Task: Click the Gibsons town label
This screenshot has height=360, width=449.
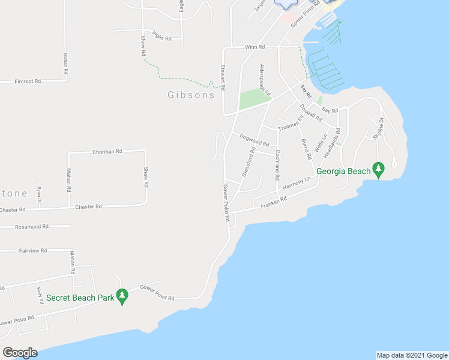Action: click(x=190, y=95)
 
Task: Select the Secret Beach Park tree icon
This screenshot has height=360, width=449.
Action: click(x=122, y=296)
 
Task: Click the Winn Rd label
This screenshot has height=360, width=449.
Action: click(x=255, y=46)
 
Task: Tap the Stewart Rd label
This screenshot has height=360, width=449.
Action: click(x=223, y=77)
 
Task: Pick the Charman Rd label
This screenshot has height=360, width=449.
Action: click(x=107, y=152)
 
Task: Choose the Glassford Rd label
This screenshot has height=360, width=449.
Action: click(x=249, y=163)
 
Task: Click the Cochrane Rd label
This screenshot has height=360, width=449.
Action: click(x=277, y=166)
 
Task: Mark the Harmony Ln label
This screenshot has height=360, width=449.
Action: click(x=297, y=184)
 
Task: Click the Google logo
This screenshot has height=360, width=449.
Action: click(x=20, y=352)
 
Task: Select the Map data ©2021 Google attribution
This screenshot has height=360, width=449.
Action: click(x=411, y=355)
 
